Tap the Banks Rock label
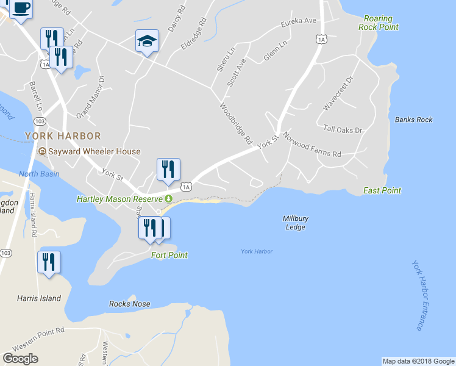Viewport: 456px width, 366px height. click(x=413, y=120)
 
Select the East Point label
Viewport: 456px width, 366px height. click(x=382, y=190)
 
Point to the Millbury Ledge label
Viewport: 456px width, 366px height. click(x=295, y=223)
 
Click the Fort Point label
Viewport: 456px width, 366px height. click(x=169, y=256)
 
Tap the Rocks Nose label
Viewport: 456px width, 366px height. click(x=129, y=304)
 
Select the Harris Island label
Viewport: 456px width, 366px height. click(x=39, y=298)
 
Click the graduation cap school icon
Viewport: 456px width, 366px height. click(x=147, y=41)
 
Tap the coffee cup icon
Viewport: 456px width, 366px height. click(x=21, y=8)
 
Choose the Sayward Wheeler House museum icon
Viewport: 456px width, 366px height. click(x=43, y=151)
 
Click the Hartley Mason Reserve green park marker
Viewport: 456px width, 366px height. click(x=168, y=199)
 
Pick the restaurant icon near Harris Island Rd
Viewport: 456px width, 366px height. click(x=49, y=262)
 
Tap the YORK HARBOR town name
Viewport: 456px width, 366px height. click(x=63, y=135)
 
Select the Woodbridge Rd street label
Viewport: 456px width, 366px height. click(x=237, y=123)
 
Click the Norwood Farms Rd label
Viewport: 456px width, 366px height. click(x=311, y=146)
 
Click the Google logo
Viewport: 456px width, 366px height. click(x=20, y=359)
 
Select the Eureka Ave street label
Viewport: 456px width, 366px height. click(x=299, y=22)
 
